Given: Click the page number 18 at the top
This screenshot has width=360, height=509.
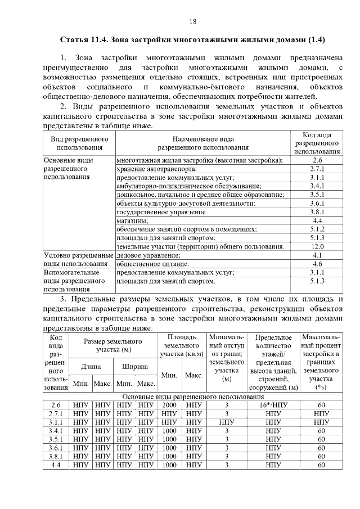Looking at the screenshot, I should pyautogui.click(x=192, y=21).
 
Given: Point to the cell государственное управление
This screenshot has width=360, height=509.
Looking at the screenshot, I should pyautogui.click(x=160, y=213).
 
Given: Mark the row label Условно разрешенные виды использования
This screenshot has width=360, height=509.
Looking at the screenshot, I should pyautogui.click(x=78, y=259).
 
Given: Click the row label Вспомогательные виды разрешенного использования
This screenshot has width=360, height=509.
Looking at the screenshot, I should pyautogui.click(x=76, y=280).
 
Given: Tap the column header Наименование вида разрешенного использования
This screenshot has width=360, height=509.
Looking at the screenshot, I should pyautogui.click(x=203, y=143).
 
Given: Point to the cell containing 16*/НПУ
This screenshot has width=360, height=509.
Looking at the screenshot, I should pyautogui.click(x=273, y=406).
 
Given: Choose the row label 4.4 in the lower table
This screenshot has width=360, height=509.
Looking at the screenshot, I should pyautogui.click(x=55, y=465).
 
